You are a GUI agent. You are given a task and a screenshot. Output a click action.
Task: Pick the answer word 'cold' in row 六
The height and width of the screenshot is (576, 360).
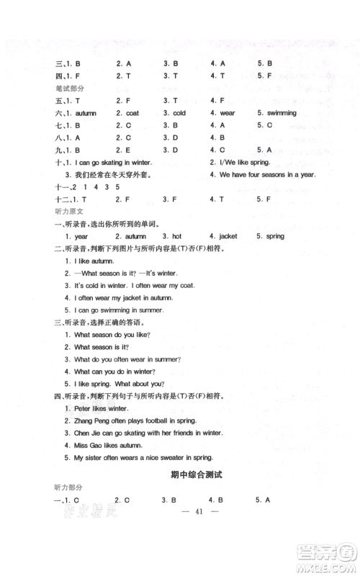(179, 113)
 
